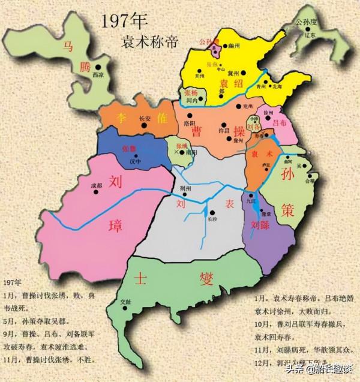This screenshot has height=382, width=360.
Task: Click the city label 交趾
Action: point(125,302)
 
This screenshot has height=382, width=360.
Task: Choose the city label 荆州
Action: point(185,188)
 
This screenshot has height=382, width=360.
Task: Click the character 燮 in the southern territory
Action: point(206,278)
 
